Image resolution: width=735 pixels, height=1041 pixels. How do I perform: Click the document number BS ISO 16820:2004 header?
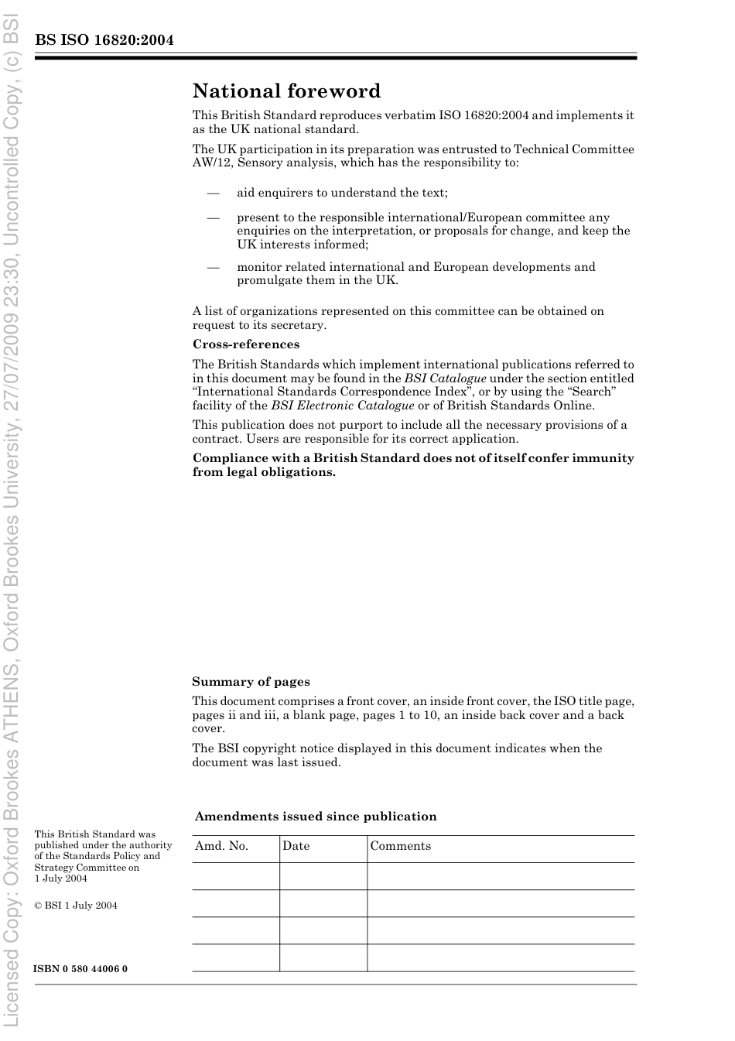[104, 40]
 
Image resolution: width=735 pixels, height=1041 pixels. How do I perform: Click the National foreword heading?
[286, 91]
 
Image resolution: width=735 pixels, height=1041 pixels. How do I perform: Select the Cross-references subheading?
[246, 344]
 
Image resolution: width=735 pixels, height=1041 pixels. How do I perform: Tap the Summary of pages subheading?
[251, 682]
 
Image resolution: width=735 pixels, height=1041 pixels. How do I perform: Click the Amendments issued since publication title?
[316, 817]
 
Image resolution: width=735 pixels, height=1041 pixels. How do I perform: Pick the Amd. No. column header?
[221, 846]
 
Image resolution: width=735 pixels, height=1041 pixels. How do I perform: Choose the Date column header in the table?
[296, 846]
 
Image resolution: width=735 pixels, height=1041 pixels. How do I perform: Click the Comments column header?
[400, 846]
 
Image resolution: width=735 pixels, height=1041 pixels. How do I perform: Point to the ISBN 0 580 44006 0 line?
[81, 969]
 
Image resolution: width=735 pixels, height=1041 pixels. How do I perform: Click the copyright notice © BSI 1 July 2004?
[76, 906]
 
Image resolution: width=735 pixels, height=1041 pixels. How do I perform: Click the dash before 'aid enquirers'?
[213, 193]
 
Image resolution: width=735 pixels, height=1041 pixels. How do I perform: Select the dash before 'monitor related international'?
[213, 267]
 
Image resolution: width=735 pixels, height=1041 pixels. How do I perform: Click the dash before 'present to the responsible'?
[213, 217]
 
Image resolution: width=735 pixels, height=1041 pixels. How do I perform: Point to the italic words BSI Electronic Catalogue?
[343, 406]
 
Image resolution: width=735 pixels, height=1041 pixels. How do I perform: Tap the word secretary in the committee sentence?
[297, 325]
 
